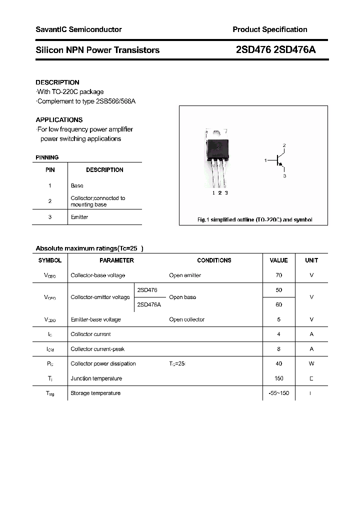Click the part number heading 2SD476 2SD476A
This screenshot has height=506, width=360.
coord(275,50)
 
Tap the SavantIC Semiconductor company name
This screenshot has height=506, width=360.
coord(78,29)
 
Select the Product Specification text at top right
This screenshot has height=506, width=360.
coord(269,29)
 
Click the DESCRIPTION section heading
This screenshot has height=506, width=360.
coord(57,82)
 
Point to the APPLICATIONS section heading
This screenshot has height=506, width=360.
coord(59,120)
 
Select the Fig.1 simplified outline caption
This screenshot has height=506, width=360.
coord(253,220)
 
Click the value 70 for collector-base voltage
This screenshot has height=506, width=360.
coord(278,275)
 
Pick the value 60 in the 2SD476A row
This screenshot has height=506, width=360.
coord(278,304)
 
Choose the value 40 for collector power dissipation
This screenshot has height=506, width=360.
coord(278,364)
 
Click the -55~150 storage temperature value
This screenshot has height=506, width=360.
coord(278,393)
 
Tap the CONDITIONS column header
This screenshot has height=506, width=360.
coord(214,260)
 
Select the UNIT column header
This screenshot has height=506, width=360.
coord(311,260)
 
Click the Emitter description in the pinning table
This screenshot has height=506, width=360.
coord(79,217)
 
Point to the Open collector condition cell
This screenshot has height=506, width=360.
coord(186,319)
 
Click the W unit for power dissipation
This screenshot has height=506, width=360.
coord(311,364)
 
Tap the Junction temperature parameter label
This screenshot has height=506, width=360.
coord(96,378)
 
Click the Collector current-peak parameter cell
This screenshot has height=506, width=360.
coord(97,349)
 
